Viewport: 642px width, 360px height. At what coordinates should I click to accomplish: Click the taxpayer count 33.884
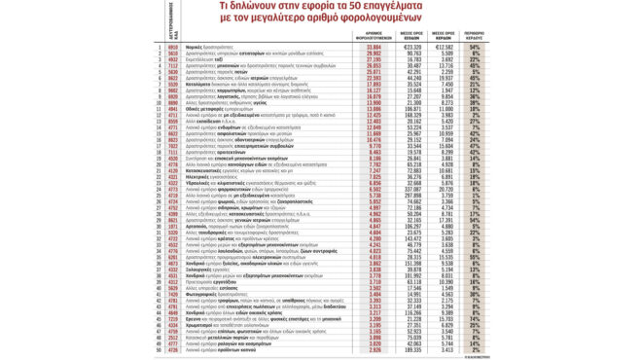pos(375,46)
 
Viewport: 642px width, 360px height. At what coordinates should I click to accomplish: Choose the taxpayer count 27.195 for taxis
pos(375,58)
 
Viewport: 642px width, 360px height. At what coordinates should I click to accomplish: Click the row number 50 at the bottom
pos(159,350)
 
